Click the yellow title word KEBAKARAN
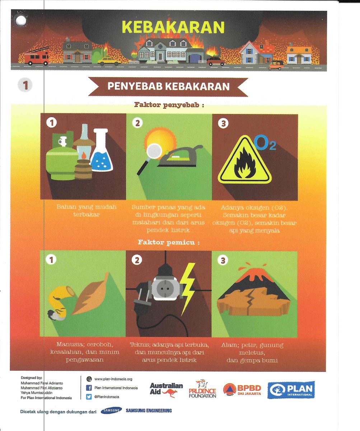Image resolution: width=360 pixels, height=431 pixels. tap(173, 27)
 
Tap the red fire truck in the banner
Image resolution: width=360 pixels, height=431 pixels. tap(36, 56)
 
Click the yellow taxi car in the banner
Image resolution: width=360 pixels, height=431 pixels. tap(108, 61)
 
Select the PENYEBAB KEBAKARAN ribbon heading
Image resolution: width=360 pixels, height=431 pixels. tap(168, 86)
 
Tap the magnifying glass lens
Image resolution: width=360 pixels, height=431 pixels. tap(154, 150)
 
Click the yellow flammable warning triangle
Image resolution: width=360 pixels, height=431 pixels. tap(245, 161)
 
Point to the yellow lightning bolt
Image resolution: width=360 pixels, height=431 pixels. tap(188, 289)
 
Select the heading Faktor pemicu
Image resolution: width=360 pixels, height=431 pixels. tap(169, 242)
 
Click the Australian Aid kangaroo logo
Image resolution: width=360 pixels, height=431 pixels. tap(166, 390)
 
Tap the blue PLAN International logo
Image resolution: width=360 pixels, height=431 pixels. tap(291, 390)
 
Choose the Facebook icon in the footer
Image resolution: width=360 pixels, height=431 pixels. tap(89, 388)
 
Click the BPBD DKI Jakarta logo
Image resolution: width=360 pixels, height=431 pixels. tap(242, 389)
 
